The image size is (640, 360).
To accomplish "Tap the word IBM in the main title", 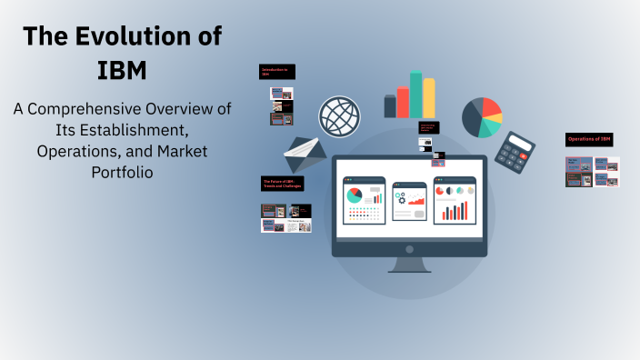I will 122,69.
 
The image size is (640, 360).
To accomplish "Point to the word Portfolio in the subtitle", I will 122,171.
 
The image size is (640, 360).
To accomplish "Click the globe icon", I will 339,117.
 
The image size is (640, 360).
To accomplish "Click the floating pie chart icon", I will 482,117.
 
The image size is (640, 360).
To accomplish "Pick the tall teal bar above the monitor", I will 416,95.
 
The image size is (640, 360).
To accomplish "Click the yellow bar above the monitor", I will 429,98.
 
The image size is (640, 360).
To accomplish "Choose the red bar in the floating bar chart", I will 403,103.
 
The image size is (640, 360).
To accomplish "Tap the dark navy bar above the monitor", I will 390,106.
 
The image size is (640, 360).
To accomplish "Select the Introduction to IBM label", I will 277,72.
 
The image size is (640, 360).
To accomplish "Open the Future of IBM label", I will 282,184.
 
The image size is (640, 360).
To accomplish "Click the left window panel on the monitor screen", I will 365,200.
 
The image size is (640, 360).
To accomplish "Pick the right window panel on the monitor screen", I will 455,200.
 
